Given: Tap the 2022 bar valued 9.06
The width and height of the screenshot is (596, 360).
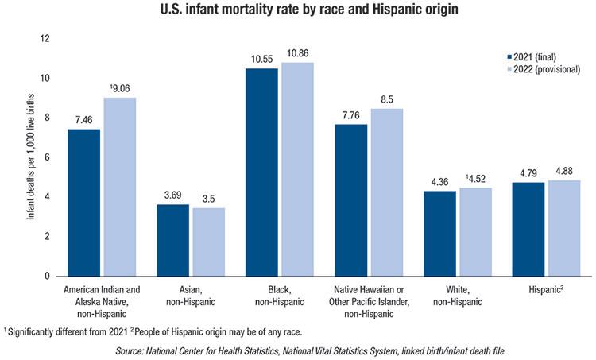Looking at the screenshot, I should tap(120, 187).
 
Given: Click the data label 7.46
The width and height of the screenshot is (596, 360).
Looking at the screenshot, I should tap(84, 119).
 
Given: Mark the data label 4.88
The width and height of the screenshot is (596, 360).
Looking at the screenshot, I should tap(563, 171).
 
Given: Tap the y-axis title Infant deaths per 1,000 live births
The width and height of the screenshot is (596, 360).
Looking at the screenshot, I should tap(30, 157).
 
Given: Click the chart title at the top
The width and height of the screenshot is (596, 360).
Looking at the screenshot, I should tap(298, 11).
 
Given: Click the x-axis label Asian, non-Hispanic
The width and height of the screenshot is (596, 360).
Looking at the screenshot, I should tap(192, 296).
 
